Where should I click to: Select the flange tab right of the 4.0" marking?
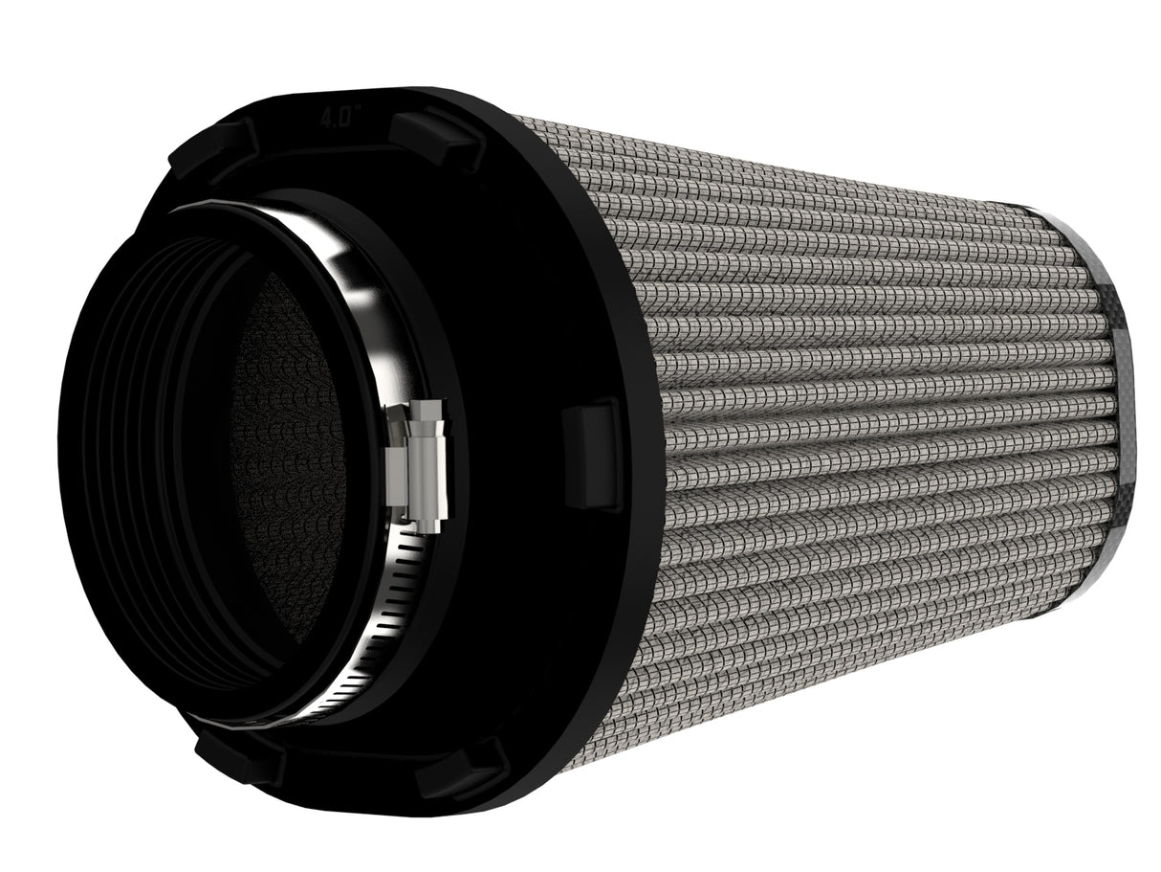click(x=435, y=136)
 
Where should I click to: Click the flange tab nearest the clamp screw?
click(x=594, y=454)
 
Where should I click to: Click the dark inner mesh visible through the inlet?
click(x=287, y=459)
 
